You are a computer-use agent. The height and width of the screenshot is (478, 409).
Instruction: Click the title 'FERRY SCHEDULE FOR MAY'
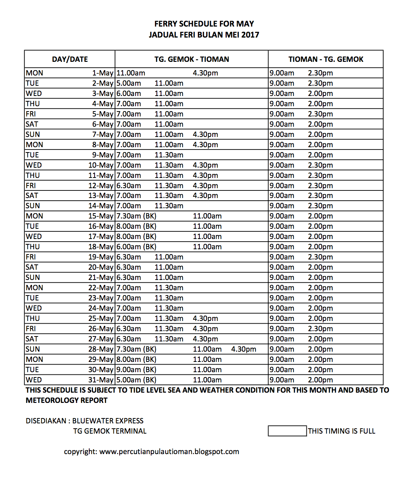204,24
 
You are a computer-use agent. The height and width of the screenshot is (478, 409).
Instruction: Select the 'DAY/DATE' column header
70,59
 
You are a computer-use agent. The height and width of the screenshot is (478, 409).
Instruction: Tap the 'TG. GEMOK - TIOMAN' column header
191,59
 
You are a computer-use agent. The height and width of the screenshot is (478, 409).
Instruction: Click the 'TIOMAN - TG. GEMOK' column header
325,59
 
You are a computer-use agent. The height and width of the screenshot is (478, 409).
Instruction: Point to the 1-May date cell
103,73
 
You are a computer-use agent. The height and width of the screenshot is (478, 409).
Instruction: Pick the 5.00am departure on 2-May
129,83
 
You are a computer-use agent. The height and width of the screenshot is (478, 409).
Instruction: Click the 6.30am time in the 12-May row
129,186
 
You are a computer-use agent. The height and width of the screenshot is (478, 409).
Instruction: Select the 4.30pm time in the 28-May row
243,349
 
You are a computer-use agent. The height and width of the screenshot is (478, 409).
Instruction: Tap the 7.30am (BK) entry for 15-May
136,216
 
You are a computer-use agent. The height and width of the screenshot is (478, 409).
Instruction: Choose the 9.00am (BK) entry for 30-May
136,370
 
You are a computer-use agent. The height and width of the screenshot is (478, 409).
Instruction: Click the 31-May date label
101,380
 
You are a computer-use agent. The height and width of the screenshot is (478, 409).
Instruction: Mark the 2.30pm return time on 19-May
320,257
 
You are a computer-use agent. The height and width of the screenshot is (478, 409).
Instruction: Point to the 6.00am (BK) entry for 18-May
136,247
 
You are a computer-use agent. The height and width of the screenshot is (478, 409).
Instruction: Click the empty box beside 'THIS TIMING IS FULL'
287,431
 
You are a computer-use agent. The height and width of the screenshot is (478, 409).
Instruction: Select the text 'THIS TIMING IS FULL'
341,431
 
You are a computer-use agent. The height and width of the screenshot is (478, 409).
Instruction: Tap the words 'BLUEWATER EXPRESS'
108,421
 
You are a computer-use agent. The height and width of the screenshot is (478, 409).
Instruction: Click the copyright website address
169,451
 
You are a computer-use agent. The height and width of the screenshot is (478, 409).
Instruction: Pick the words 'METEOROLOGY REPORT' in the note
66,400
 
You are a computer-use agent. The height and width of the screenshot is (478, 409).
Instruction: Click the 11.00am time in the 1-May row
131,73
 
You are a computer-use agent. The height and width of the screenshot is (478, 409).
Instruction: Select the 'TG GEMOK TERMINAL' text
110,431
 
